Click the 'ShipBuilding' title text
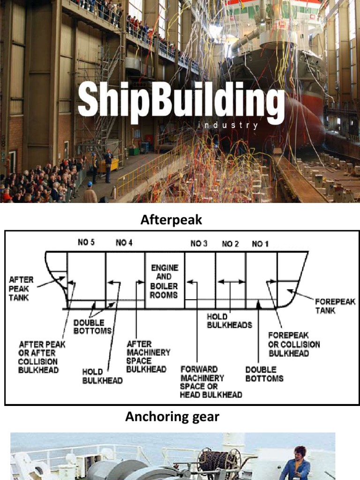click(x=181, y=100)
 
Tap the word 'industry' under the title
click(x=228, y=126)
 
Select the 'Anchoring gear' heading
click(x=172, y=416)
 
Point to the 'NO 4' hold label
click(x=124, y=243)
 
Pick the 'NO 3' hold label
click(x=199, y=243)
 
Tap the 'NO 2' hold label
click(x=230, y=243)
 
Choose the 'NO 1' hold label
click(x=261, y=243)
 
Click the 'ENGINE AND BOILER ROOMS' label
click(x=164, y=281)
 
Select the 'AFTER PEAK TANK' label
click(x=21, y=288)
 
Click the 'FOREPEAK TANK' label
click(x=335, y=306)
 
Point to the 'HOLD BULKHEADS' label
click(x=229, y=321)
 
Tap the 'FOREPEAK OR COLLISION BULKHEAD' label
click(x=294, y=344)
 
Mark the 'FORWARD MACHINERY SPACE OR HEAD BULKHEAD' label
click(x=211, y=382)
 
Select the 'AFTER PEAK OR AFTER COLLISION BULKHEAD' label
click(x=42, y=357)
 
